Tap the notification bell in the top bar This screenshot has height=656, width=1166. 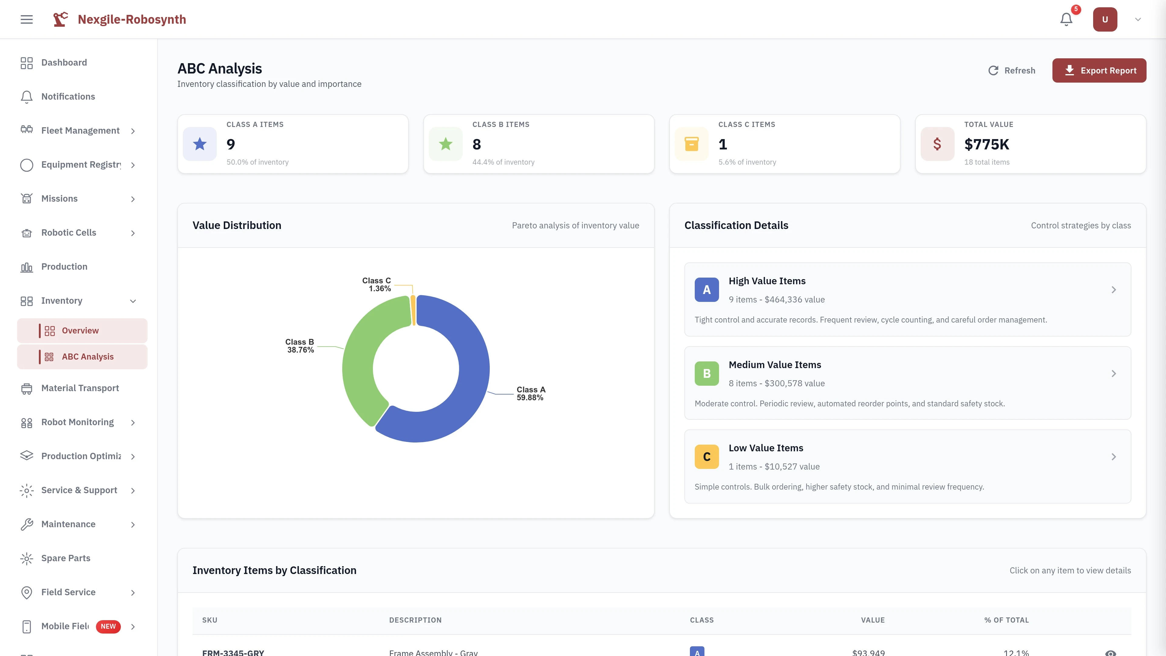point(1066,19)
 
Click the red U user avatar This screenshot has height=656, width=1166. point(1104,19)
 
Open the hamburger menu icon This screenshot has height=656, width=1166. point(27,19)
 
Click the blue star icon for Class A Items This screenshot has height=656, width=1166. point(199,144)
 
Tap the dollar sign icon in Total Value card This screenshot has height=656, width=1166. point(937,144)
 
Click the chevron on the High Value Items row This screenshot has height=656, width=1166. point(1113,290)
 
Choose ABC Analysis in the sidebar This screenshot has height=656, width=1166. point(87,357)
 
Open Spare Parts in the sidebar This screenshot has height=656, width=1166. point(66,558)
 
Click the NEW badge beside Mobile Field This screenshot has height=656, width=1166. point(108,626)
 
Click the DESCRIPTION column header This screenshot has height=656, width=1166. point(415,620)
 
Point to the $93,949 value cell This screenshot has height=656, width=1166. point(868,652)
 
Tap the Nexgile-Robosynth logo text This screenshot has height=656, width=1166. point(132,19)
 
